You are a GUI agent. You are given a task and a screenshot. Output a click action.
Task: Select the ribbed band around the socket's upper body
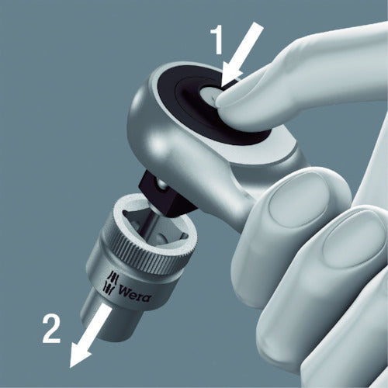132,264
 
